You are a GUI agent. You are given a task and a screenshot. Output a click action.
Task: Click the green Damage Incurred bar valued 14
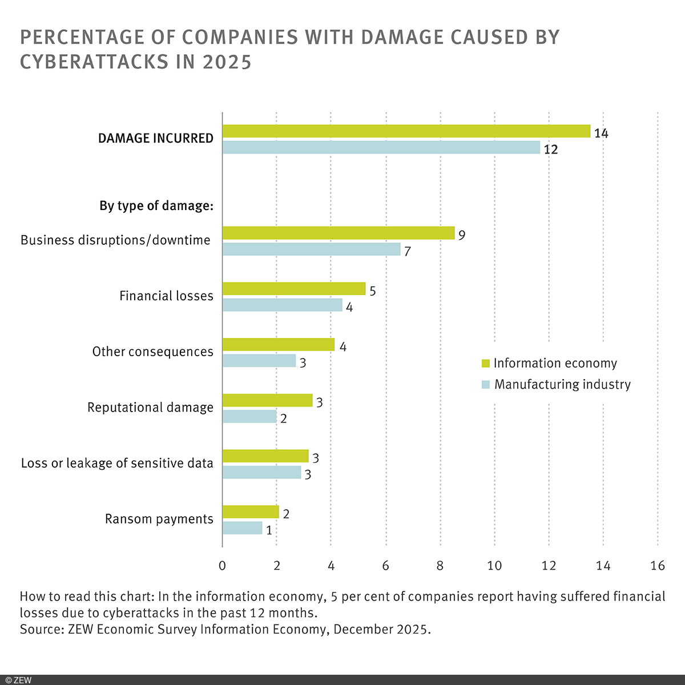click(x=406, y=131)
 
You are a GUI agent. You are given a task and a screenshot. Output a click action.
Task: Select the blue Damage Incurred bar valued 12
click(x=381, y=148)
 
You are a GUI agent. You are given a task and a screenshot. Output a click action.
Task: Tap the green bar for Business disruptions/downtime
click(x=338, y=233)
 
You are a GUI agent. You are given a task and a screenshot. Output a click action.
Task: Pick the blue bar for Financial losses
click(x=282, y=305)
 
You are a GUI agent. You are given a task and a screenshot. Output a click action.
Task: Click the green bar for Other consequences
click(x=278, y=345)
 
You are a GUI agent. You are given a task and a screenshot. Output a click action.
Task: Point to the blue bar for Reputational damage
click(x=249, y=417)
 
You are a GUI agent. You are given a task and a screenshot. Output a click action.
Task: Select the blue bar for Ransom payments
click(x=242, y=529)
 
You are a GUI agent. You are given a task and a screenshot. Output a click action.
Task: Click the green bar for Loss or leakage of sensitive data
click(x=265, y=456)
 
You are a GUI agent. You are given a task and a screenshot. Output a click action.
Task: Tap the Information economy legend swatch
click(x=486, y=364)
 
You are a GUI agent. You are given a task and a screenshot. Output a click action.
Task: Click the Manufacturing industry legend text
click(x=562, y=384)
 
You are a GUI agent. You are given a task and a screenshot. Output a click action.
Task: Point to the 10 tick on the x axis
click(x=494, y=565)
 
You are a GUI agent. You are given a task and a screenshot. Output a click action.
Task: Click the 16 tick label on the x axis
click(x=658, y=565)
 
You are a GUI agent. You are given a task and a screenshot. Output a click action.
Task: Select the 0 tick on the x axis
click(x=222, y=565)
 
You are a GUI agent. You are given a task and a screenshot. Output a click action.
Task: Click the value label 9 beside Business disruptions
click(x=462, y=235)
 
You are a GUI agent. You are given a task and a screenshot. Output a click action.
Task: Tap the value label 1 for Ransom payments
click(x=269, y=530)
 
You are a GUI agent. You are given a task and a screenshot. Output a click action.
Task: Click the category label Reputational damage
click(x=150, y=408)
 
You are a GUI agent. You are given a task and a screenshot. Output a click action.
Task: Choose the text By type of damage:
click(x=156, y=206)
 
